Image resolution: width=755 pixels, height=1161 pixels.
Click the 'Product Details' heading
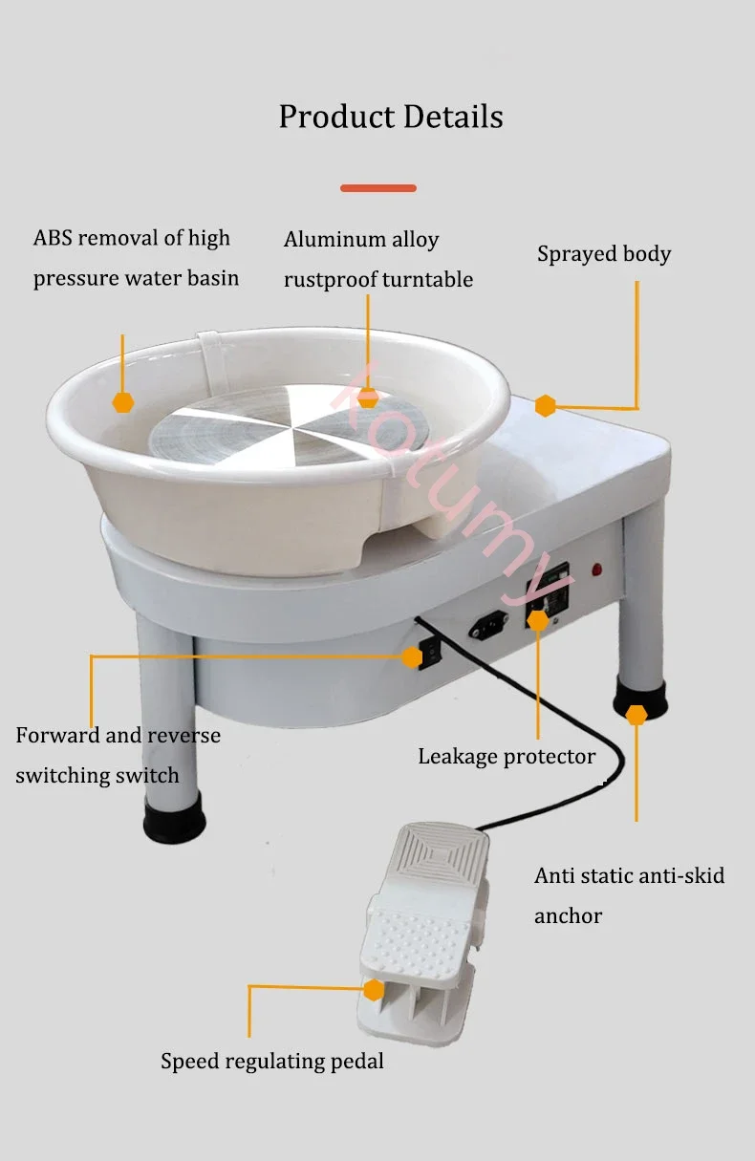point(390,117)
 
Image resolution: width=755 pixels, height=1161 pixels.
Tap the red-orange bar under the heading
point(378,188)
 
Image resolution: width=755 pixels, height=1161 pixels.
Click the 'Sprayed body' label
point(603,254)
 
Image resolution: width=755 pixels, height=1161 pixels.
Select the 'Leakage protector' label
point(507,757)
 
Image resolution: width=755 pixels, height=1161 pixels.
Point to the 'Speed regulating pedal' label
point(272,1061)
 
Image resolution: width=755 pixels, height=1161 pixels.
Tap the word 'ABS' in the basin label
point(54,238)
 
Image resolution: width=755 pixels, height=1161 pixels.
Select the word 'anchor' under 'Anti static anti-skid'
point(568,915)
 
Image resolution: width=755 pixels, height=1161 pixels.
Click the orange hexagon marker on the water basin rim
point(122,402)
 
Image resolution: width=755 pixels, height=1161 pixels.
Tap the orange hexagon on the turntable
point(368,398)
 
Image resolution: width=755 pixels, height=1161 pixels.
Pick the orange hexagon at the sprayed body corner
point(546,405)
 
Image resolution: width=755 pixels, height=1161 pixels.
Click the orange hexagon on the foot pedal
point(374,990)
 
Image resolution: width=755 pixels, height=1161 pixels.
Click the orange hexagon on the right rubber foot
point(636,715)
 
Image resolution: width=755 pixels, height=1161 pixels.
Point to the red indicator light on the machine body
point(598,570)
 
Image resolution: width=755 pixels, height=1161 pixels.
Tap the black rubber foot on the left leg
point(174,819)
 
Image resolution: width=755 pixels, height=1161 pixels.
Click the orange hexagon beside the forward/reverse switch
point(412,657)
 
